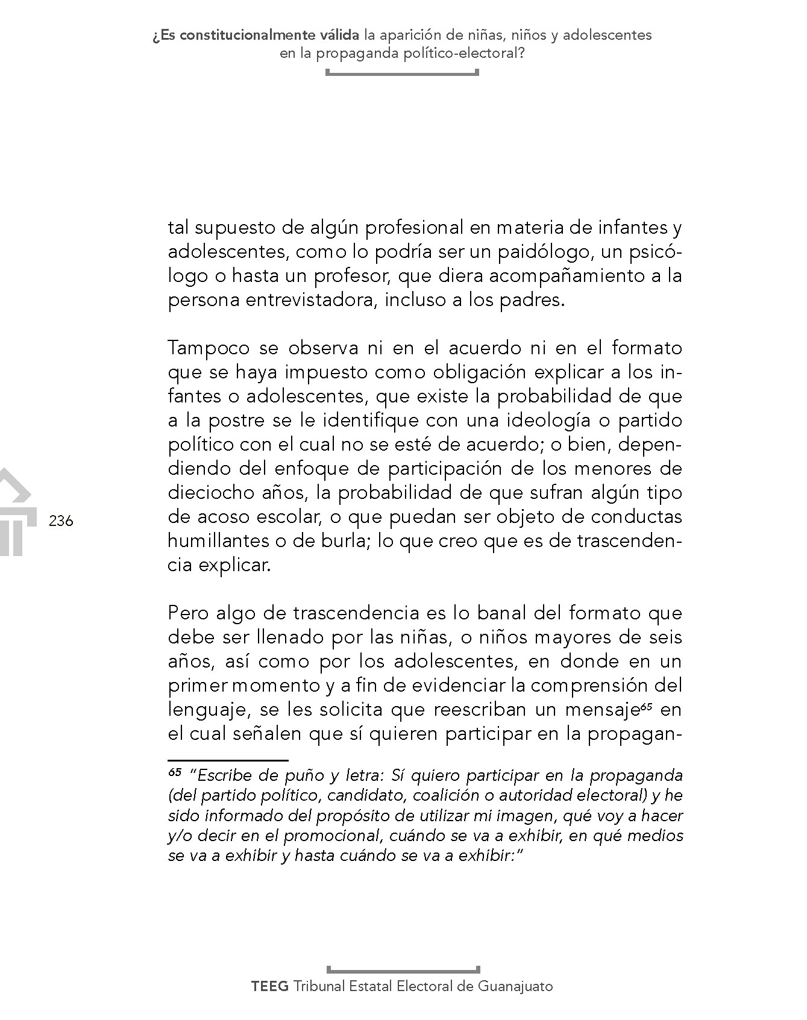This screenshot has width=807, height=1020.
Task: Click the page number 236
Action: pyautogui.click(x=61, y=521)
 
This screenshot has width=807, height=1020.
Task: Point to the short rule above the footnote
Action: pyautogui.click(x=228, y=760)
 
